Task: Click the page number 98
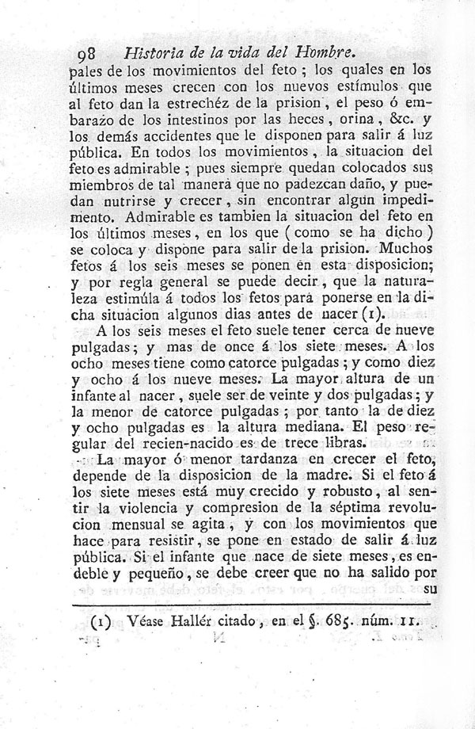coord(82,55)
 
